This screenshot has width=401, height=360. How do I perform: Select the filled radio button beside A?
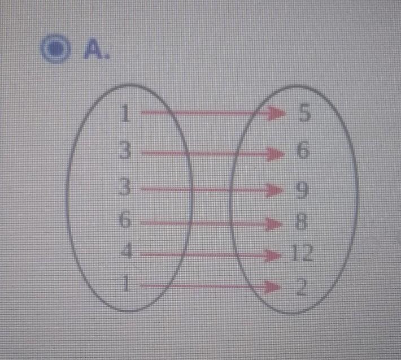click(55, 49)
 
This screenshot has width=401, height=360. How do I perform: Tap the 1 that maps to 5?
click(125, 114)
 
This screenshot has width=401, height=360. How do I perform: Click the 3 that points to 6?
click(125, 150)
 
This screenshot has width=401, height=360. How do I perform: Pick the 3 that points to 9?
click(125, 186)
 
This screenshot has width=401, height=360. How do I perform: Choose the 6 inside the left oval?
click(125, 219)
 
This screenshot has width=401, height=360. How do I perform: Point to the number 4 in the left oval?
click(127, 250)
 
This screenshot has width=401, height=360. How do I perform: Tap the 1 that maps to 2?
click(125, 284)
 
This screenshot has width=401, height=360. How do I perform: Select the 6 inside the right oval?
click(303, 150)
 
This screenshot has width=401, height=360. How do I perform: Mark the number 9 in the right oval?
click(302, 190)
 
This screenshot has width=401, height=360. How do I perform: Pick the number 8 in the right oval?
click(300, 222)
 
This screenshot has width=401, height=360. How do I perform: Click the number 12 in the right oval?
click(302, 253)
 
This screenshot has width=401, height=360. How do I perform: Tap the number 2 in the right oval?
click(302, 287)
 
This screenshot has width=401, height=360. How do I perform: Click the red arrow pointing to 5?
click(213, 112)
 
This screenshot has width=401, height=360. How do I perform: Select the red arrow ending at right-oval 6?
click(213, 154)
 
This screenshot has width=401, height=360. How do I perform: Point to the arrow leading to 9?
click(212, 189)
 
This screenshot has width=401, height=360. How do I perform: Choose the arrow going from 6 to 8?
click(211, 224)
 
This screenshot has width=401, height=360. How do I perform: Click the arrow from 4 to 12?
click(211, 255)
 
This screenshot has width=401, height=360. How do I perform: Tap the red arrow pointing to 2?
click(210, 286)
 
